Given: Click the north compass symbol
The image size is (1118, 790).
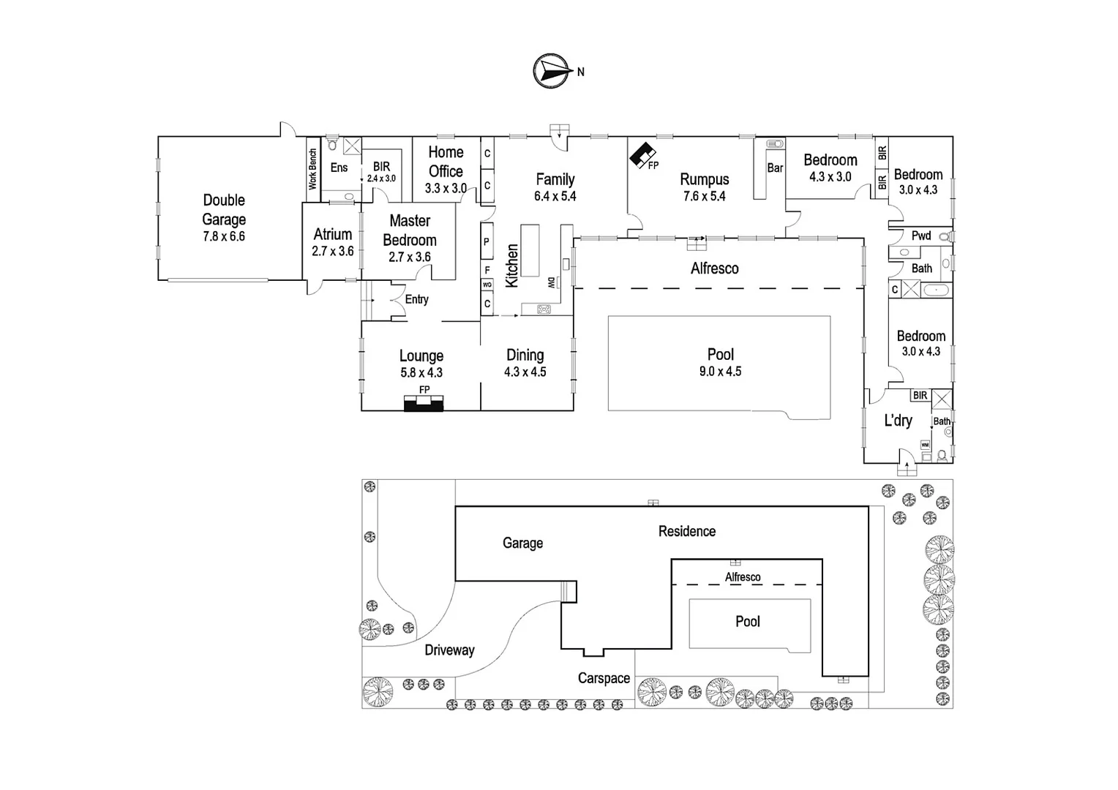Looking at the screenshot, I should pyautogui.click(x=552, y=71).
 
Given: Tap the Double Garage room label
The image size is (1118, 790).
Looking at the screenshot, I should pyautogui.click(x=224, y=209).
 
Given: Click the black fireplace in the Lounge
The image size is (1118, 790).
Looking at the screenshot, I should pyautogui.click(x=424, y=403).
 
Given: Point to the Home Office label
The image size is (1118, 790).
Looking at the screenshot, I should pyautogui.click(x=446, y=162).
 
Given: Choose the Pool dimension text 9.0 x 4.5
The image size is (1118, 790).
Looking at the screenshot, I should pyautogui.click(x=720, y=372).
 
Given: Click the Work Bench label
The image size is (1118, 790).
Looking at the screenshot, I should pyautogui.click(x=312, y=169).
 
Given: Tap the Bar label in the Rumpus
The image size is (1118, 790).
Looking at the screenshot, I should pyautogui.click(x=775, y=168).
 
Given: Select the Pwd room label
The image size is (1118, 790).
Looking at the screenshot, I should pyautogui.click(x=920, y=236).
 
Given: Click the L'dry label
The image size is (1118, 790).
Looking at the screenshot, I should pyautogui.click(x=898, y=421).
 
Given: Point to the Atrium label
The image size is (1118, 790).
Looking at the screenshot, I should pyautogui.click(x=333, y=234).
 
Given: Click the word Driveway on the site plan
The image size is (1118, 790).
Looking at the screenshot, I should pyautogui.click(x=449, y=650).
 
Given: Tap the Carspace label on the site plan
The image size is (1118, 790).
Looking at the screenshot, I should pyautogui.click(x=604, y=678).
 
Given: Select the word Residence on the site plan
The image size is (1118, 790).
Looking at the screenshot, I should pyautogui.click(x=686, y=531).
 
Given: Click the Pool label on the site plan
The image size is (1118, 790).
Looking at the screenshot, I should pyautogui.click(x=747, y=621).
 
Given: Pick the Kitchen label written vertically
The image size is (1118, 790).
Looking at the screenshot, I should pyautogui.click(x=512, y=265).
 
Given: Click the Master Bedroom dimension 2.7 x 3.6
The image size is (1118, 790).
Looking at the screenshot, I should pyautogui.click(x=410, y=257).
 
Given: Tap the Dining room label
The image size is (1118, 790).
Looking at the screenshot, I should pyautogui.click(x=525, y=355).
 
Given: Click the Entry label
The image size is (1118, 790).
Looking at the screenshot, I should pyautogui.click(x=416, y=299).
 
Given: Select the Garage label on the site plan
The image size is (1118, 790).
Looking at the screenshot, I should pyautogui.click(x=522, y=543).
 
